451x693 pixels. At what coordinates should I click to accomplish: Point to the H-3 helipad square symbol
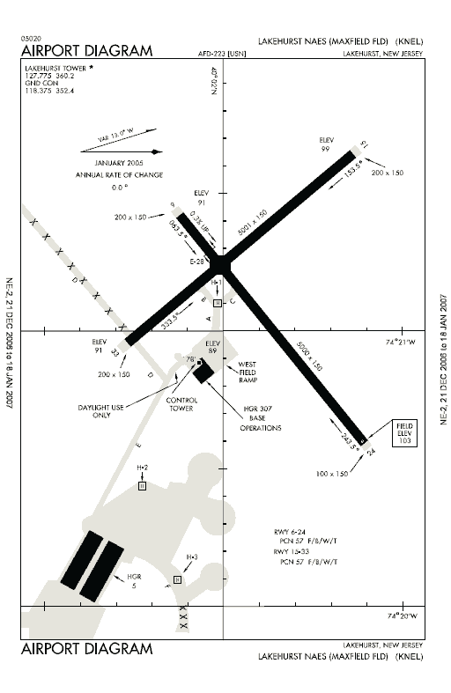point(177,579)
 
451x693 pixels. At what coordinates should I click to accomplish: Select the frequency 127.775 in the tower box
point(41,76)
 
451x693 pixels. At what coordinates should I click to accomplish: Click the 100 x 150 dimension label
point(332,474)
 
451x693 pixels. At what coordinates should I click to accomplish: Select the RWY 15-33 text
point(295,550)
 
